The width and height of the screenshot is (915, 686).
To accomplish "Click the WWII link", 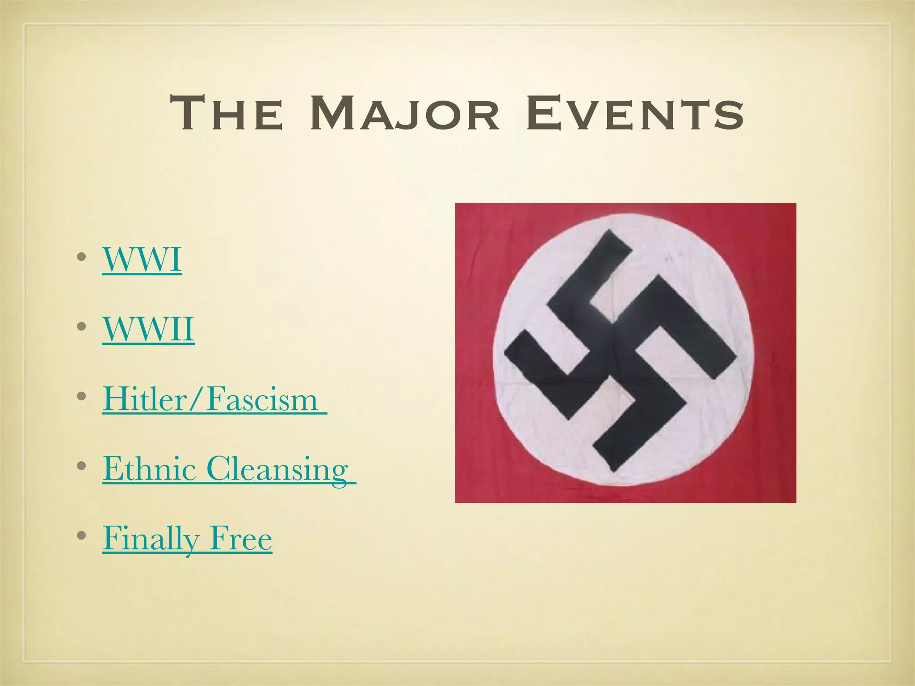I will pyautogui.click(x=148, y=329).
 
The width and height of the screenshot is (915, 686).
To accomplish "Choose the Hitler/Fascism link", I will pyautogui.click(x=210, y=399).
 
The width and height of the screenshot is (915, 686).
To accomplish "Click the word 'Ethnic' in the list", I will pyautogui.click(x=150, y=468).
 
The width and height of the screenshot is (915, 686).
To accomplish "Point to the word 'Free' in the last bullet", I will pyautogui.click(x=241, y=538).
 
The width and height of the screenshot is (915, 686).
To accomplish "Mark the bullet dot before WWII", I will pyautogui.click(x=81, y=327).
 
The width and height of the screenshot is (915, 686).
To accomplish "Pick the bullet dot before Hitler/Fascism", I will pyautogui.click(x=81, y=397).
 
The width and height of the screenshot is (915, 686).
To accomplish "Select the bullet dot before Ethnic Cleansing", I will pyautogui.click(x=81, y=466).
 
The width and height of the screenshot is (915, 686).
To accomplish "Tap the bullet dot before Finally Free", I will pyautogui.click(x=81, y=536).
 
